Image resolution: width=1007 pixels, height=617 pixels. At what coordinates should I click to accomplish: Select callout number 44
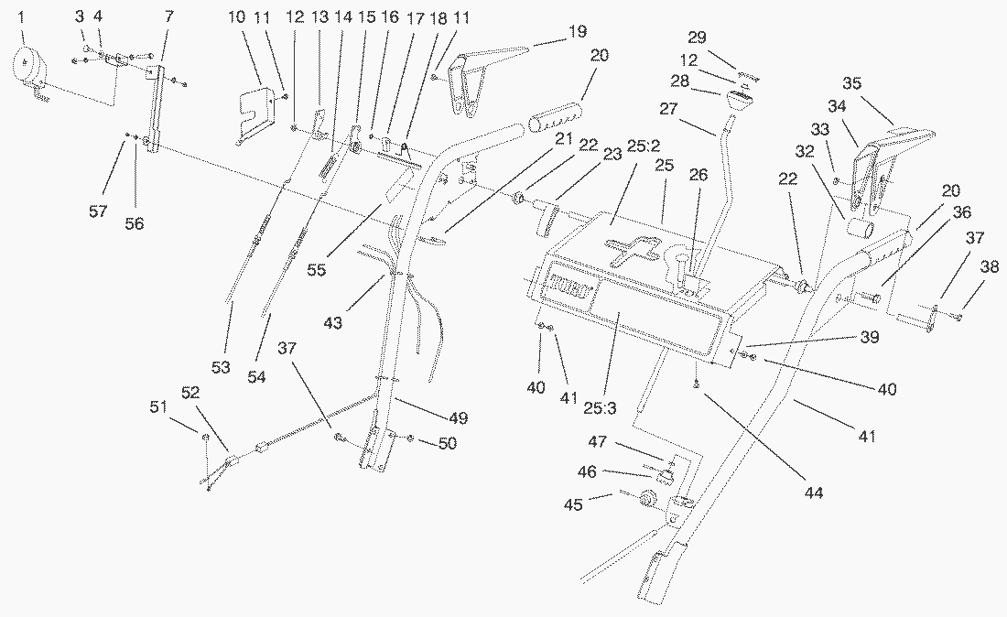pyautogui.click(x=814, y=493)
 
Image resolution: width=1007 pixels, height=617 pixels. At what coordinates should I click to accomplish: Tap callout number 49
pyautogui.click(x=459, y=418)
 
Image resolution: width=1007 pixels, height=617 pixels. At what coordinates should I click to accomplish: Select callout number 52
pyautogui.click(x=191, y=394)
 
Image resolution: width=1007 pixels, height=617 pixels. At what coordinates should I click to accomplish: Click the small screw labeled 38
pyautogui.click(x=956, y=317)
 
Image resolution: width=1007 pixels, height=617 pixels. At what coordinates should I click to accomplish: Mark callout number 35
pyautogui.click(x=851, y=82)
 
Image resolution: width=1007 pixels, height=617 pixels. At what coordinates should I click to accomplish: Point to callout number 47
pyautogui.click(x=599, y=442)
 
